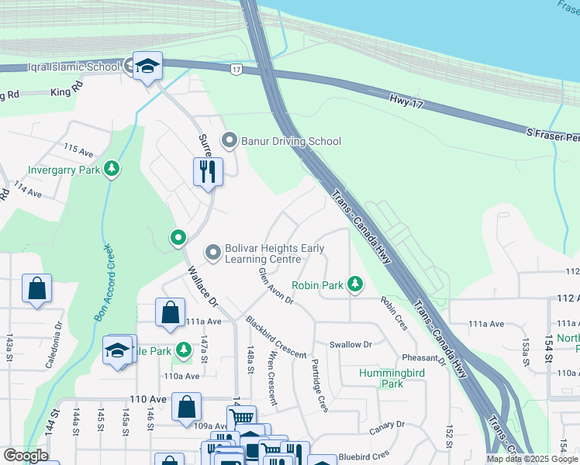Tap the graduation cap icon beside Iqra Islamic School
[146, 66]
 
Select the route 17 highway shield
[235, 70]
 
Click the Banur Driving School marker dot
[229, 141]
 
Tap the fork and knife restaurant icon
[207, 171]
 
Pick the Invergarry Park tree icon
[112, 168]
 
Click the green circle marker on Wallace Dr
[178, 237]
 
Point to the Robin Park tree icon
[355, 285]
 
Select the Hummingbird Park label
[392, 378]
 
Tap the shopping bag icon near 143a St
[36, 290]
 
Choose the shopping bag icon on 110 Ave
[187, 408]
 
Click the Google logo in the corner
[26, 456]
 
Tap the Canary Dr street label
[387, 425]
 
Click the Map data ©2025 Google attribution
[532, 459]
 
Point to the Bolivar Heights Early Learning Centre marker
[212, 253]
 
